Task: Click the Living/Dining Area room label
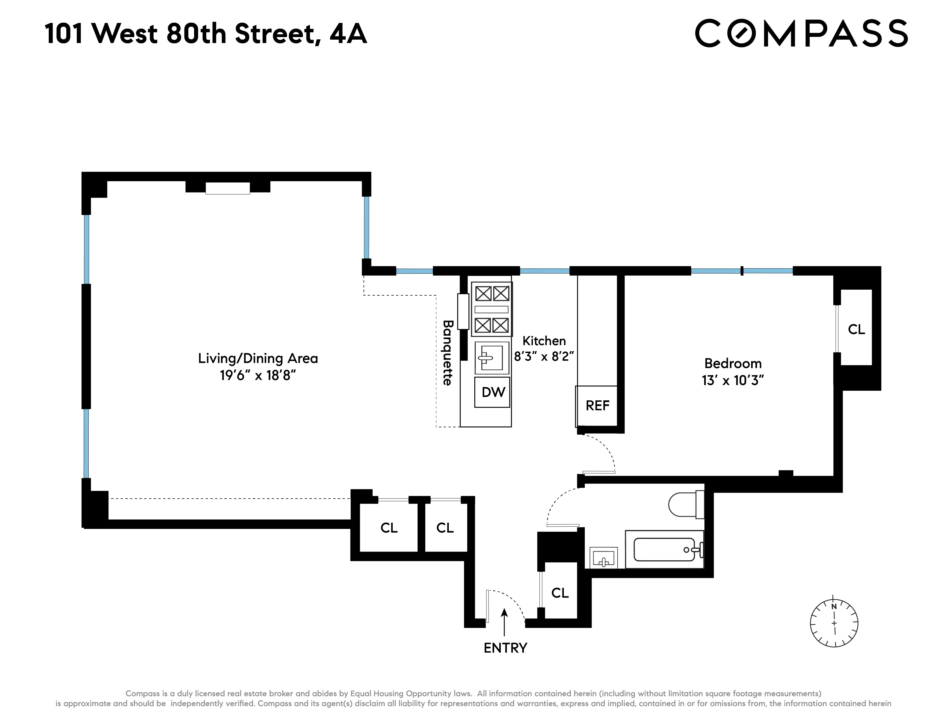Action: coord(258,358)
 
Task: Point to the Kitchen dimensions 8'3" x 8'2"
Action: coord(544,356)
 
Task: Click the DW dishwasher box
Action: coord(492,392)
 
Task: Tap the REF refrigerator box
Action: coord(597,405)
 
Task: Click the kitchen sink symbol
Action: coord(492,358)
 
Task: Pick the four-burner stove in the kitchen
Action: coord(492,309)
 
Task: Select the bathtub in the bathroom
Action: coord(664,549)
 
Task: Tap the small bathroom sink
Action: coord(603,558)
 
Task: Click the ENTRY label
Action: coord(505,648)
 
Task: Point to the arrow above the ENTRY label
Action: coord(504,622)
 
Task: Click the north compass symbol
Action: coord(834,623)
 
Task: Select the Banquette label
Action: coord(447,353)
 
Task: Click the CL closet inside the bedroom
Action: coord(856,329)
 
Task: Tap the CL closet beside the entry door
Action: coord(560,593)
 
